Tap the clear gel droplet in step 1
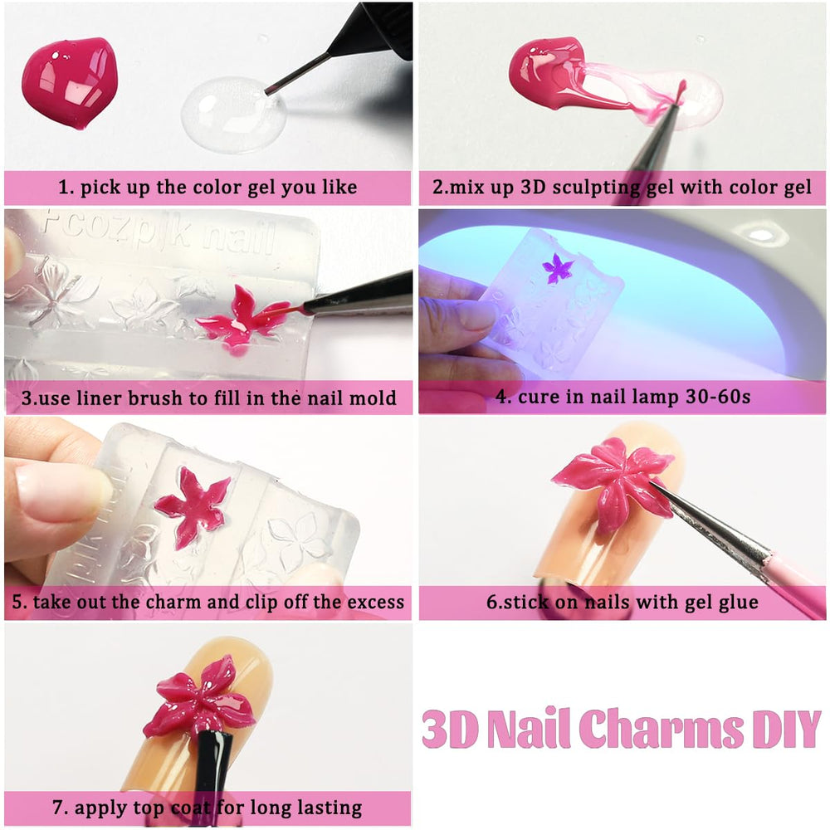233,115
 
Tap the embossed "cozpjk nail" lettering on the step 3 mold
159,233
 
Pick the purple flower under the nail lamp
558,268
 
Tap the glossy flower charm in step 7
201,696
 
